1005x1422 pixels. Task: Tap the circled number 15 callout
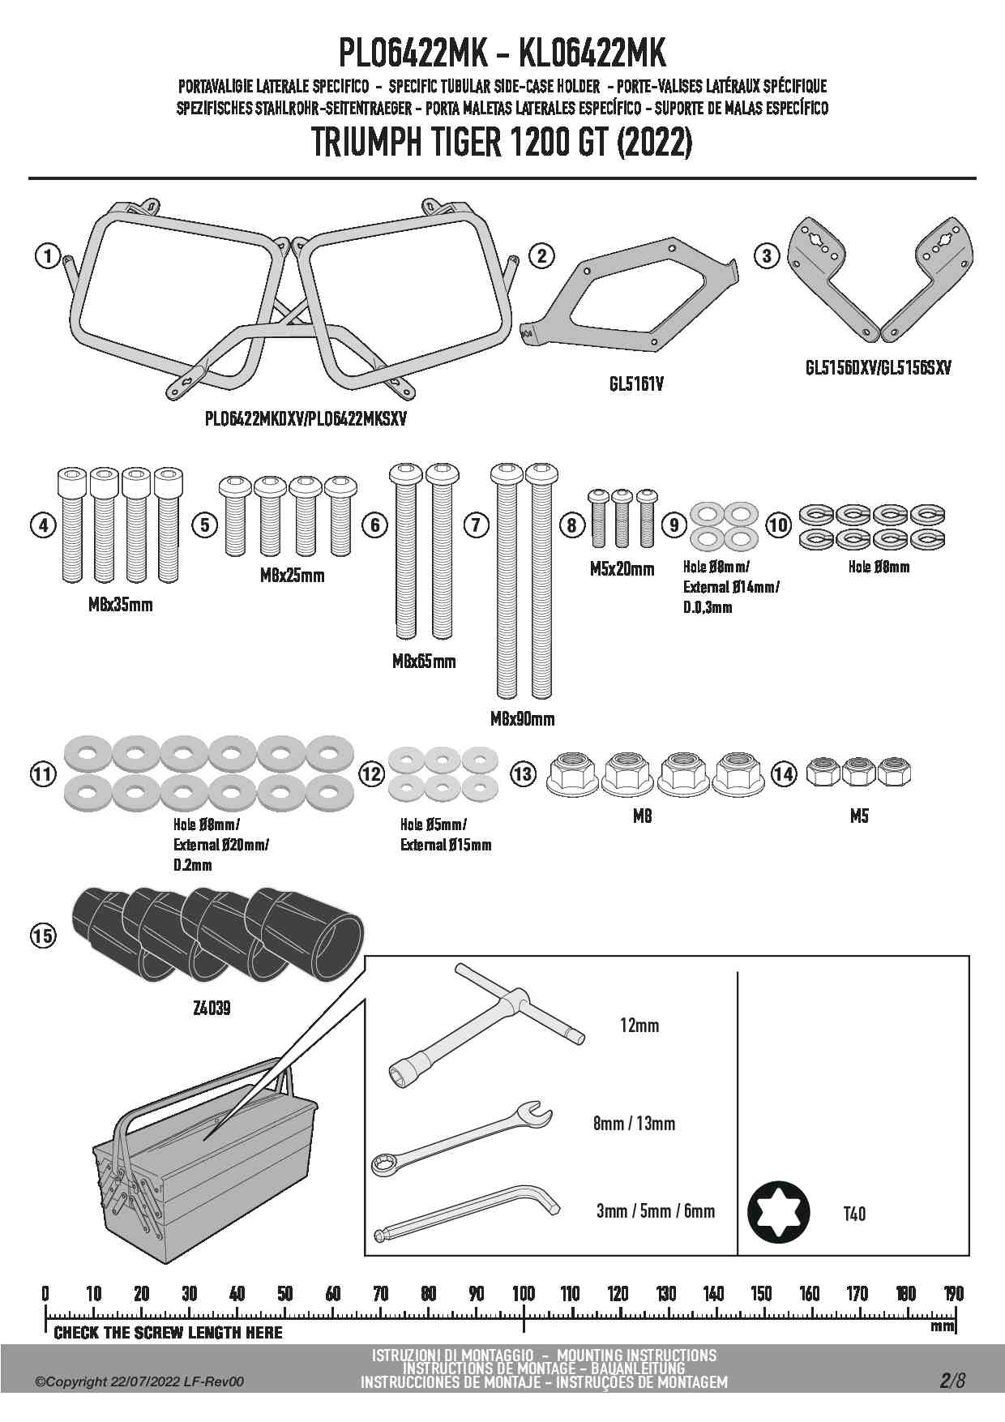tap(43, 936)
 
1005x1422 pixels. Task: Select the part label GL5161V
tap(636, 383)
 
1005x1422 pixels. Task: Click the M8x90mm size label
tap(523, 718)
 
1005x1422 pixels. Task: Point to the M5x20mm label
tap(622, 569)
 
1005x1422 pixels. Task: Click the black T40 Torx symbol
tap(778, 1213)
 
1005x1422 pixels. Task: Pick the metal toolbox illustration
tap(207, 1167)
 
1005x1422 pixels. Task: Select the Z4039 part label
tap(212, 1008)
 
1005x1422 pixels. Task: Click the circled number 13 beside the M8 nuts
tap(524, 773)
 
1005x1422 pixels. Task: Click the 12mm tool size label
tap(639, 1025)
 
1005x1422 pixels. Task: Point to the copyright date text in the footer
tap(139, 1381)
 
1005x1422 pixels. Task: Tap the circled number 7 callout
tap(476, 525)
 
